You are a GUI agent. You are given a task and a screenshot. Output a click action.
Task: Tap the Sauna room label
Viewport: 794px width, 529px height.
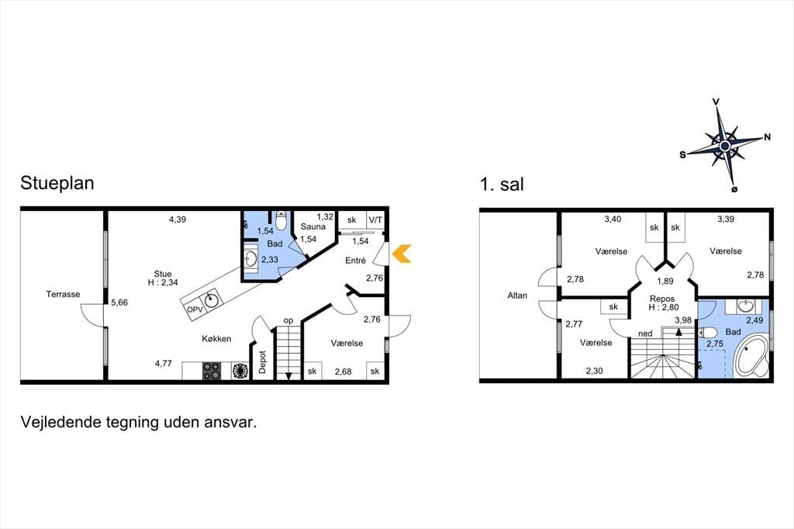(313, 226)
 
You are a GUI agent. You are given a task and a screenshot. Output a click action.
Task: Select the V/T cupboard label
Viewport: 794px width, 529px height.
(376, 220)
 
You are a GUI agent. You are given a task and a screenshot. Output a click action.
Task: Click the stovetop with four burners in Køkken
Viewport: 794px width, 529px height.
(212, 371)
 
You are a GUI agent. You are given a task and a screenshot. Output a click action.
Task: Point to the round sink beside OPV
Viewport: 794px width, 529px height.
(212, 299)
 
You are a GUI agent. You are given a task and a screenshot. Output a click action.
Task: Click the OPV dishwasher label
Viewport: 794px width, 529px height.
(195, 309)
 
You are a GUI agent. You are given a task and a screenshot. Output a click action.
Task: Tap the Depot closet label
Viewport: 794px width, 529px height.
(262, 361)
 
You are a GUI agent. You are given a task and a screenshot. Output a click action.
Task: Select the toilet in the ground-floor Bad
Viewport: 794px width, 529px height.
(281, 220)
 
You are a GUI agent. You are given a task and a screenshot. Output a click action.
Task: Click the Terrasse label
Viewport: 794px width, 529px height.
(63, 294)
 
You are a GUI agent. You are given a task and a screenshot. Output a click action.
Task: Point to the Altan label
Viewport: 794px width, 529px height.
(517, 296)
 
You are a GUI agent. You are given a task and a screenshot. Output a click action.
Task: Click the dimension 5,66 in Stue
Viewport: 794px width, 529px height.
(119, 303)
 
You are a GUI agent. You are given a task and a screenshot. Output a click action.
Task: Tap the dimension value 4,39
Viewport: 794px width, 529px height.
(178, 220)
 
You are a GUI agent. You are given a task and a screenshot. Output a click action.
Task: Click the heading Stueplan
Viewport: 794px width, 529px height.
(57, 183)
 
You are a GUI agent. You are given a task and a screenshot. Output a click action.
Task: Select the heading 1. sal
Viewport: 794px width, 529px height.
(502, 184)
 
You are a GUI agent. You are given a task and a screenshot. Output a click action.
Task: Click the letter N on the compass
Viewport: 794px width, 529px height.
(767, 137)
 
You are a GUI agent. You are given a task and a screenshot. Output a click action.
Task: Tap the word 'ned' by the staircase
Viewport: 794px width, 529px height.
(645, 334)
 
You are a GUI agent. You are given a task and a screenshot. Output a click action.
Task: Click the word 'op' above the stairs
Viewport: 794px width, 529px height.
(288, 320)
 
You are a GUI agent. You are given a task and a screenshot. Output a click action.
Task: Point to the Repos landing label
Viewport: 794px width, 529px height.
(662, 299)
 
